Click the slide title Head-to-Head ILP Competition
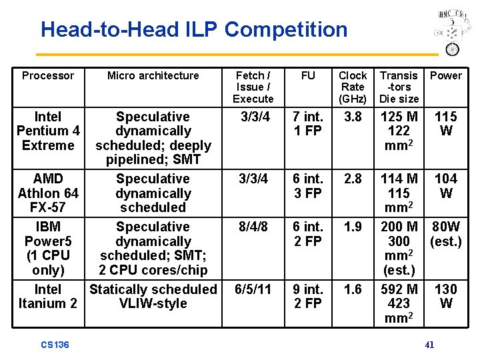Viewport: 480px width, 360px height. point(194,30)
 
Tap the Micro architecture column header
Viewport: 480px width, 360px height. point(153,76)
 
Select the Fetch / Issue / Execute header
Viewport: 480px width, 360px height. point(253,87)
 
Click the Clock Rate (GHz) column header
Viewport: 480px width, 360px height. point(352,87)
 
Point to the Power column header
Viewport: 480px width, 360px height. point(445,76)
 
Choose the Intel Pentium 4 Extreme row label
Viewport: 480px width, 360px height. point(48,131)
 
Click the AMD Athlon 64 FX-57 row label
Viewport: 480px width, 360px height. point(48,193)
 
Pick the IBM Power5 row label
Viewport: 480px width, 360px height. point(48,248)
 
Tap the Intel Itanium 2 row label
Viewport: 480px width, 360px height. point(48,296)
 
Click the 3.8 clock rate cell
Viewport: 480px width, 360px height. point(352,117)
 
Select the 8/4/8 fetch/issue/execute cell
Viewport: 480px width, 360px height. point(253,227)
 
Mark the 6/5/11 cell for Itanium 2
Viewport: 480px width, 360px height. point(253,289)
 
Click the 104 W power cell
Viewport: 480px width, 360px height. point(445,186)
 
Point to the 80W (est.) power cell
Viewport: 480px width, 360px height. point(445,234)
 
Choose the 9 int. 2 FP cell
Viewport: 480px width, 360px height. point(308,296)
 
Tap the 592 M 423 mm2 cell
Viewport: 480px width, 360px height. point(399,303)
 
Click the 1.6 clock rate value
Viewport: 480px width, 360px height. point(352,289)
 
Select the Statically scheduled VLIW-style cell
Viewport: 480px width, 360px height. point(153,296)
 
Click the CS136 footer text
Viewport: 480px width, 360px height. point(55,345)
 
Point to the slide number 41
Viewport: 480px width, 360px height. point(429,345)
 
